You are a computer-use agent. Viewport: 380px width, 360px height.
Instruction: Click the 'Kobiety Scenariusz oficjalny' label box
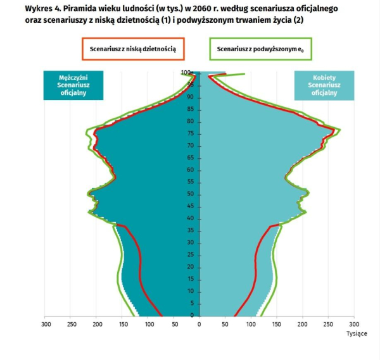[x=324, y=84]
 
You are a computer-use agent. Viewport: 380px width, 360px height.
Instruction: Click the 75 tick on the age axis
[x=189, y=133]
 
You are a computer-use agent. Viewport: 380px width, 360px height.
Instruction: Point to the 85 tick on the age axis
[x=189, y=109]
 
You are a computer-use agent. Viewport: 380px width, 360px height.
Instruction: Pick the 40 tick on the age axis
[x=189, y=219]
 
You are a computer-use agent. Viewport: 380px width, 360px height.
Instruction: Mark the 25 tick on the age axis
[x=189, y=255]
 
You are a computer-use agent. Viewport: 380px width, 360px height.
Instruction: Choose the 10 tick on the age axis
[x=189, y=291]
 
